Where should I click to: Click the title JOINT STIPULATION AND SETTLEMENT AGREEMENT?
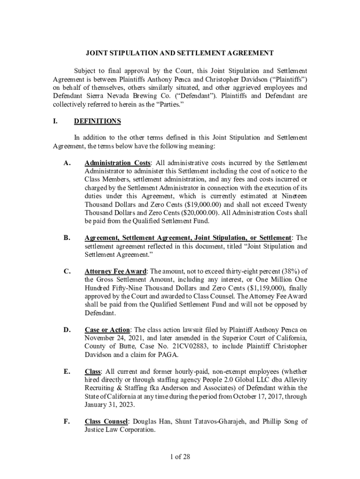coord(180,53)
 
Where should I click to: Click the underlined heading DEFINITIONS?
coord(97,122)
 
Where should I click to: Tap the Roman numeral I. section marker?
coord(55,122)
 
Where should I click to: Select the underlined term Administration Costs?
coord(117,163)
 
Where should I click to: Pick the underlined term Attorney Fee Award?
coord(115,271)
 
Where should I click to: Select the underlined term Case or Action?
coord(107,330)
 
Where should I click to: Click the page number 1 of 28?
coord(180,457)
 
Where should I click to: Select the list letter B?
coord(67,238)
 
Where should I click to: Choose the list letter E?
coord(67,372)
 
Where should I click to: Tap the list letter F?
coord(67,421)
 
